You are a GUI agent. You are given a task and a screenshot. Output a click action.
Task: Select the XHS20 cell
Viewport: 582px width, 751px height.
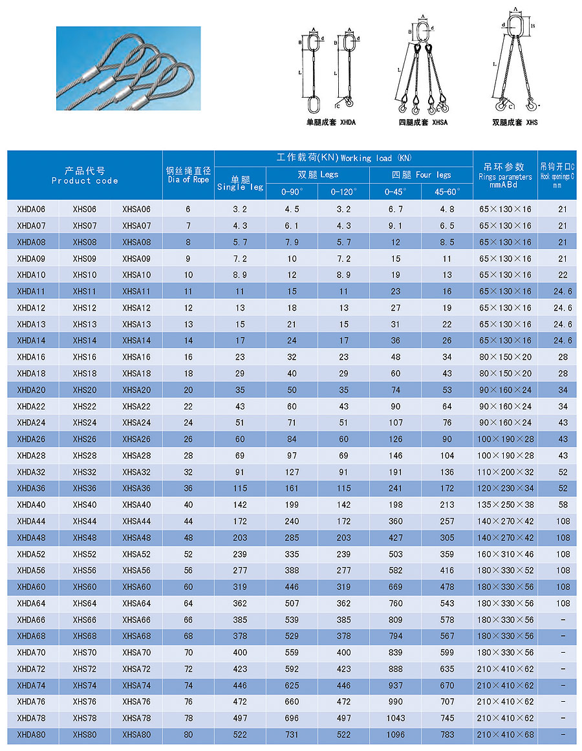pyautogui.click(x=84, y=390)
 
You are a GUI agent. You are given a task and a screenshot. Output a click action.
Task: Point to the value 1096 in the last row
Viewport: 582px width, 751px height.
pyautogui.click(x=395, y=735)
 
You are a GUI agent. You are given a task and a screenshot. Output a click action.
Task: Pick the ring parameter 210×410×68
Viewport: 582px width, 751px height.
pyautogui.click(x=505, y=735)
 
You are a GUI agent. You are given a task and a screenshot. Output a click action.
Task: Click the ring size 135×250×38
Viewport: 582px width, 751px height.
pyautogui.click(x=505, y=505)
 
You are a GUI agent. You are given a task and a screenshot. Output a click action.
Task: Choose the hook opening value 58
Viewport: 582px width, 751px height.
pyautogui.click(x=563, y=505)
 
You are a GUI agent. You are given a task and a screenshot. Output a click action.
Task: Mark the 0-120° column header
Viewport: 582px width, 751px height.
pyautogui.click(x=343, y=192)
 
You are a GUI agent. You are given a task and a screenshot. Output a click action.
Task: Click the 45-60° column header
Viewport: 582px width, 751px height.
pyautogui.click(x=447, y=192)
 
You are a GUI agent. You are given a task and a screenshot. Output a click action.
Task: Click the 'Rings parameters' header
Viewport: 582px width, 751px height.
pyautogui.click(x=505, y=177)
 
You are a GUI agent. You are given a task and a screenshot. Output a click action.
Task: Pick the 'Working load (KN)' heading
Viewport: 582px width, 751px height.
pyautogui.click(x=343, y=158)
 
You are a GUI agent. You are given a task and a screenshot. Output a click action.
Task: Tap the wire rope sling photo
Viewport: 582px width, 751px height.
pyautogui.click(x=128, y=68)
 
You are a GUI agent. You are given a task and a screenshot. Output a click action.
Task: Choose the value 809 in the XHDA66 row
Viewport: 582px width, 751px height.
pyautogui.click(x=395, y=620)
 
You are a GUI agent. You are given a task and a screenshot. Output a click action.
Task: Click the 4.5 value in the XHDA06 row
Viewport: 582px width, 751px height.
pyautogui.click(x=292, y=209)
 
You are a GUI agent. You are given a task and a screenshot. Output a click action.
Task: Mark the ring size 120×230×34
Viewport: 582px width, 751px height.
pyautogui.click(x=505, y=488)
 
